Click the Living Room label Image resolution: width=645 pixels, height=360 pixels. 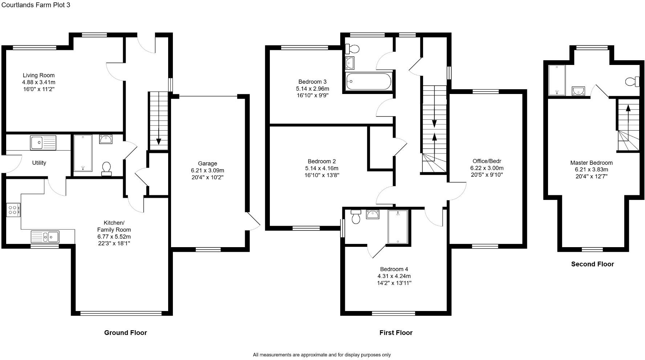tap(38, 75)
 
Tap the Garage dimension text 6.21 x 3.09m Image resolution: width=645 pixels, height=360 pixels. tap(207, 171)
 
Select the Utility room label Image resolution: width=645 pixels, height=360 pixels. tap(39, 163)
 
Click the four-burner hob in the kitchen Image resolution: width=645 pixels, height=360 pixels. tap(13, 210)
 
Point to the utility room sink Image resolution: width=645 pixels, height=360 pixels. tap(43, 142)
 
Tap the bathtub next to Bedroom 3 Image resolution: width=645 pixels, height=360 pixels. tap(369, 81)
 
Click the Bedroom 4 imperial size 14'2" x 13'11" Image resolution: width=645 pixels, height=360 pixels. tap(394, 283)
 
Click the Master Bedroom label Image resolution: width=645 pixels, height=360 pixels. tap(591, 163)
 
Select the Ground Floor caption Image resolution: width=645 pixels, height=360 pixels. tap(125, 333)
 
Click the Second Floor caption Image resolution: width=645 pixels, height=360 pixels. tap(592, 264)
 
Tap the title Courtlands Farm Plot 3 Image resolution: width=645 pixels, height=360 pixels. tap(36, 5)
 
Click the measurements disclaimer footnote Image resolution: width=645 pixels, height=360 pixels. tap(322, 355)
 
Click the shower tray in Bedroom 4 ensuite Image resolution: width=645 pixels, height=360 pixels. tap(398, 227)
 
